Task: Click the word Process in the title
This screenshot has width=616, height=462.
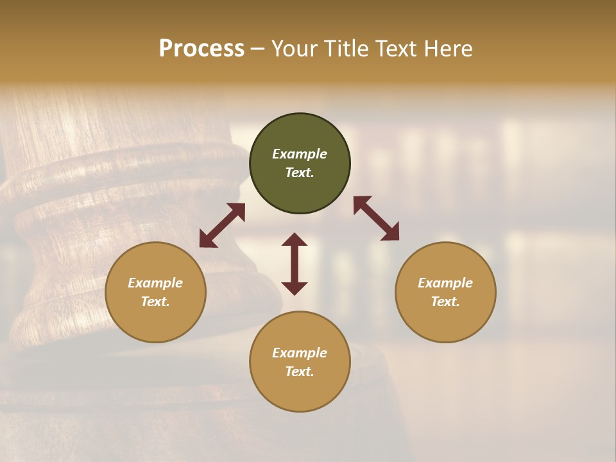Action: pyautogui.click(x=201, y=49)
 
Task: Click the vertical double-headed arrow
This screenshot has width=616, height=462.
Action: pyautogui.click(x=295, y=264)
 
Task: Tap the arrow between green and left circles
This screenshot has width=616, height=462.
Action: pyautogui.click(x=222, y=225)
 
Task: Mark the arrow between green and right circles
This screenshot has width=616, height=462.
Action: pyautogui.click(x=376, y=218)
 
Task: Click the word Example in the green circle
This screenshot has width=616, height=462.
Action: pyautogui.click(x=300, y=154)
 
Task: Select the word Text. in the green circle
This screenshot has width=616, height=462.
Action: pyautogui.click(x=300, y=173)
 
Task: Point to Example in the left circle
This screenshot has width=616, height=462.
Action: pyautogui.click(x=155, y=283)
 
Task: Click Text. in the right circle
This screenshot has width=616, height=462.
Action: pyautogui.click(x=445, y=302)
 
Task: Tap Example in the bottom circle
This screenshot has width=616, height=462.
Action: pyautogui.click(x=300, y=353)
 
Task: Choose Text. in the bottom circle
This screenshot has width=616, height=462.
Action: pyautogui.click(x=300, y=372)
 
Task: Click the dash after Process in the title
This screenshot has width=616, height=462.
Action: pyautogui.click(x=258, y=49)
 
